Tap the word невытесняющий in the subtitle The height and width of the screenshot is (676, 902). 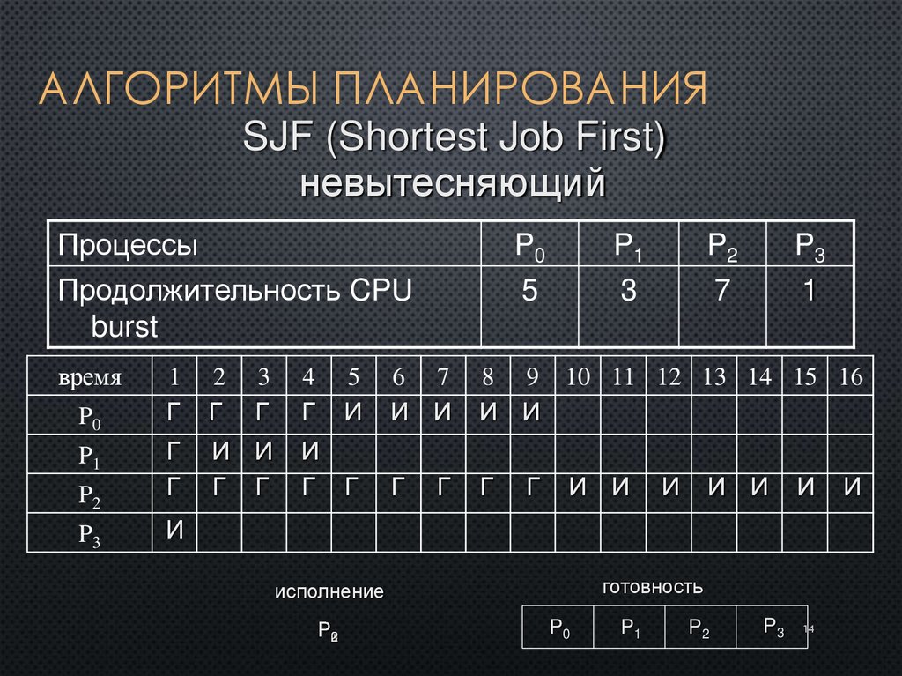pyautogui.click(x=454, y=184)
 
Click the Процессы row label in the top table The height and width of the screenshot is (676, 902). pyautogui.click(x=128, y=245)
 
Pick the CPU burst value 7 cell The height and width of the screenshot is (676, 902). pyautogui.click(x=721, y=292)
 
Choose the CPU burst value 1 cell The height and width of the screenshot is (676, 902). pyautogui.click(x=808, y=292)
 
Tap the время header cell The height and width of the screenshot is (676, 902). pyautogui.click(x=90, y=377)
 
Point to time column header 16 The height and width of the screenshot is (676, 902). pyautogui.click(x=851, y=377)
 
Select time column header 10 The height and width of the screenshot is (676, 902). pyautogui.click(x=578, y=377)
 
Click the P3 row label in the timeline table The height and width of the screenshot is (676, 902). pyautogui.click(x=90, y=533)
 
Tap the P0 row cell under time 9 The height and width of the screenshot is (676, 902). pyautogui.click(x=532, y=413)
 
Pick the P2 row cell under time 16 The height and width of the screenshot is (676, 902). pyautogui.click(x=851, y=491)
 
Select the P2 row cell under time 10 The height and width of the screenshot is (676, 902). pyautogui.click(x=578, y=491)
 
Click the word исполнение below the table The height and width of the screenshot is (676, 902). pyautogui.click(x=329, y=591)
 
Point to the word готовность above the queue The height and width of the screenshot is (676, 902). pyautogui.click(x=653, y=586)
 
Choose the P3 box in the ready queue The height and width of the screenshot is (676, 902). pyautogui.click(x=773, y=628)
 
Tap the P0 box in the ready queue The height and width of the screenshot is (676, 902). pyautogui.click(x=559, y=628)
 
